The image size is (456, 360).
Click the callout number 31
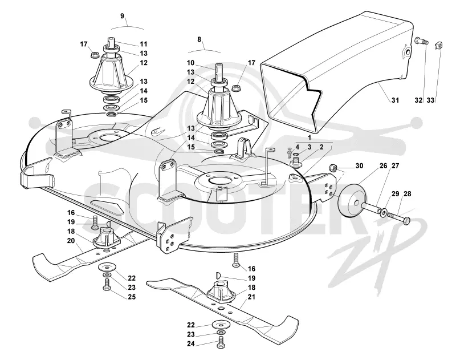(394, 100)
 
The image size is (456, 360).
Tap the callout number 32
(418, 100)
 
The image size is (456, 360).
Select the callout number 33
(430, 100)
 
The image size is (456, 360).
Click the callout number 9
(123, 16)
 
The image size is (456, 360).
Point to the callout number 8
(199, 39)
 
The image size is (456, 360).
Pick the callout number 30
(359, 165)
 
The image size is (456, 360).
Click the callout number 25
(132, 297)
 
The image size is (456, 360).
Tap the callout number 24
(191, 343)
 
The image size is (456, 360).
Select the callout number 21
(251, 297)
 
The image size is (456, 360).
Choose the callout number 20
(71, 241)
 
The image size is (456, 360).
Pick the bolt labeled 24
(221, 342)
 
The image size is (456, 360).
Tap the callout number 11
(144, 44)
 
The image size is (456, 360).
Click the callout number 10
(190, 63)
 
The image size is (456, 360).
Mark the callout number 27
(395, 165)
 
